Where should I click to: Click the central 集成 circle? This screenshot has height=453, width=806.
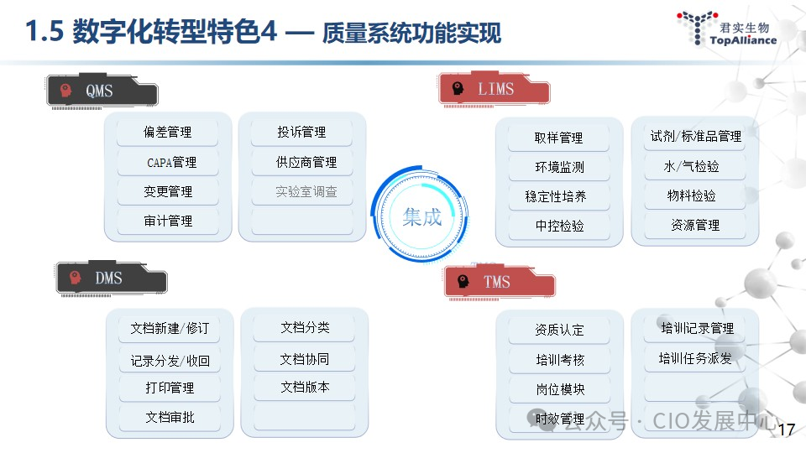pyautogui.click(x=421, y=216)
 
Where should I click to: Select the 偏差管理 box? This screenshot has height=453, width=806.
pyautogui.click(x=168, y=133)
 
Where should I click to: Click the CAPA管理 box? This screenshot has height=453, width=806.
pyautogui.click(x=168, y=162)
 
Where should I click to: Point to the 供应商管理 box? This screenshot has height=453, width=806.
pyautogui.click(x=306, y=162)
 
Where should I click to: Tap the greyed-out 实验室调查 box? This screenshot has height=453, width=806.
pyautogui.click(x=306, y=191)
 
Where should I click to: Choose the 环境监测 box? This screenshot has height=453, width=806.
pyautogui.click(x=559, y=167)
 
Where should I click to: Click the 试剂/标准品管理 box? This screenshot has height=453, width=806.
pyautogui.click(x=695, y=136)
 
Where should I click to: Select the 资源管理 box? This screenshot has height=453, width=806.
pyautogui.click(x=695, y=225)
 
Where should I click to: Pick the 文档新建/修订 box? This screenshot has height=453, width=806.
pyautogui.click(x=170, y=328)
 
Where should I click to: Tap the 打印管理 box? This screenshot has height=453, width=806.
pyautogui.click(x=170, y=388)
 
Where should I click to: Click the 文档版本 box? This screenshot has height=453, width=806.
pyautogui.click(x=305, y=387)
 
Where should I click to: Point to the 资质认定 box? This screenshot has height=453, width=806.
pyautogui.click(x=559, y=330)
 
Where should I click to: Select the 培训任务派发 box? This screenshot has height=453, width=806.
pyautogui.click(x=695, y=358)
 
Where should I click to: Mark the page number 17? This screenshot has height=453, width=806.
pyautogui.click(x=787, y=430)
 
